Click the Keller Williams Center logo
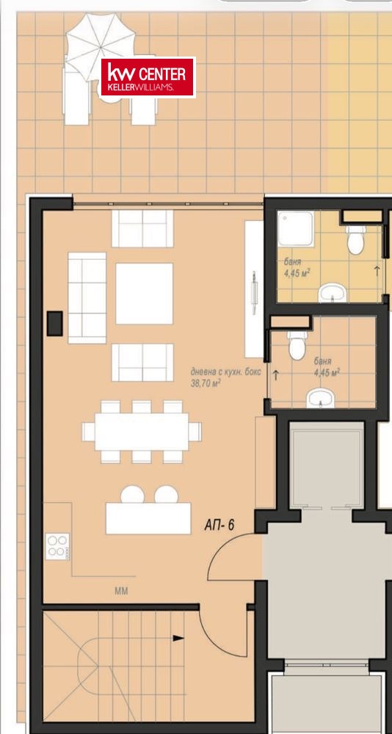coord(148,77)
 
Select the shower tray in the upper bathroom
coord(296,228)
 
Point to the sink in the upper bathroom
coord(332,294)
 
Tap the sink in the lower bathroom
coord(320,399)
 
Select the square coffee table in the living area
coord(145,294)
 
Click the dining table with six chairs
coord(142,431)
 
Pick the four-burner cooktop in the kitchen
coord(57,546)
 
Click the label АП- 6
coord(219,526)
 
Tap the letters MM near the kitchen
coord(121,591)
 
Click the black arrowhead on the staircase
coord(178,638)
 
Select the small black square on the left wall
coord(55,323)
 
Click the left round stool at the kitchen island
coord(132,494)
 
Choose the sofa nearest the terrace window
coord(142,228)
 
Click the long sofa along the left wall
coord(87,298)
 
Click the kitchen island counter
coord(148,518)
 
